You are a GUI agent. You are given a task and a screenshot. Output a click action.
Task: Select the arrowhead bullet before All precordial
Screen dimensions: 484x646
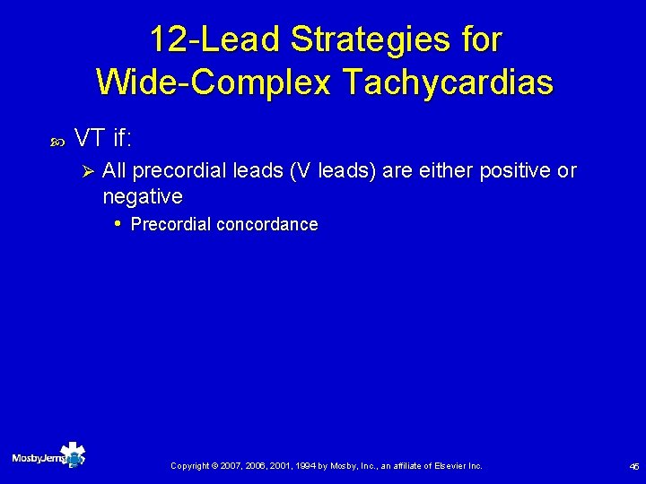coord(88,171)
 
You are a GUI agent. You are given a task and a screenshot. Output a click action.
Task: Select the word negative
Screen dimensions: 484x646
coord(143,196)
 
